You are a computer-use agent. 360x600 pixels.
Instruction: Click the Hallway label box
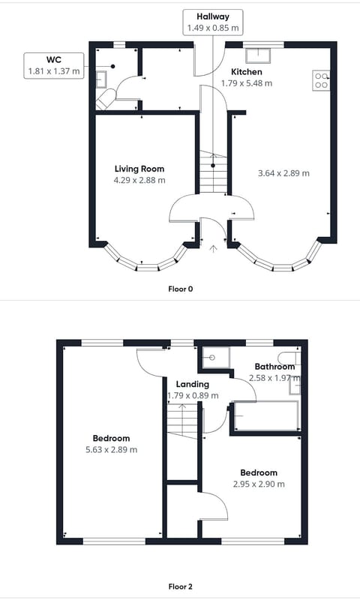click(213, 22)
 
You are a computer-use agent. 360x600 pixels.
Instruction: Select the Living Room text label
click(139, 169)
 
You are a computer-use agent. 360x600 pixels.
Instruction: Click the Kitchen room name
click(246, 71)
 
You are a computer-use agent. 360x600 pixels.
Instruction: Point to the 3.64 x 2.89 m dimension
click(283, 173)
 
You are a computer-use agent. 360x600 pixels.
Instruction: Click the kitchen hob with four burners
click(321, 80)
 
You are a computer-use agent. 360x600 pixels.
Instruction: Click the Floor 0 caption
click(180, 288)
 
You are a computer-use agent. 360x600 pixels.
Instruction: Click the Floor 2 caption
click(180, 586)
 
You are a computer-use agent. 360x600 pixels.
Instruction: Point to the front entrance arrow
click(213, 247)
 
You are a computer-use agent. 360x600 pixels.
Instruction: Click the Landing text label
click(192, 385)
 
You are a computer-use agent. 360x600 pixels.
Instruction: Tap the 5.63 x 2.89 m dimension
click(112, 444)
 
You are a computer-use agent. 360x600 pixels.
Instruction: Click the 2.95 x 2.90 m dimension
click(259, 478)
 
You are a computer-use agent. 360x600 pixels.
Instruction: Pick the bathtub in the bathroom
click(266, 415)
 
